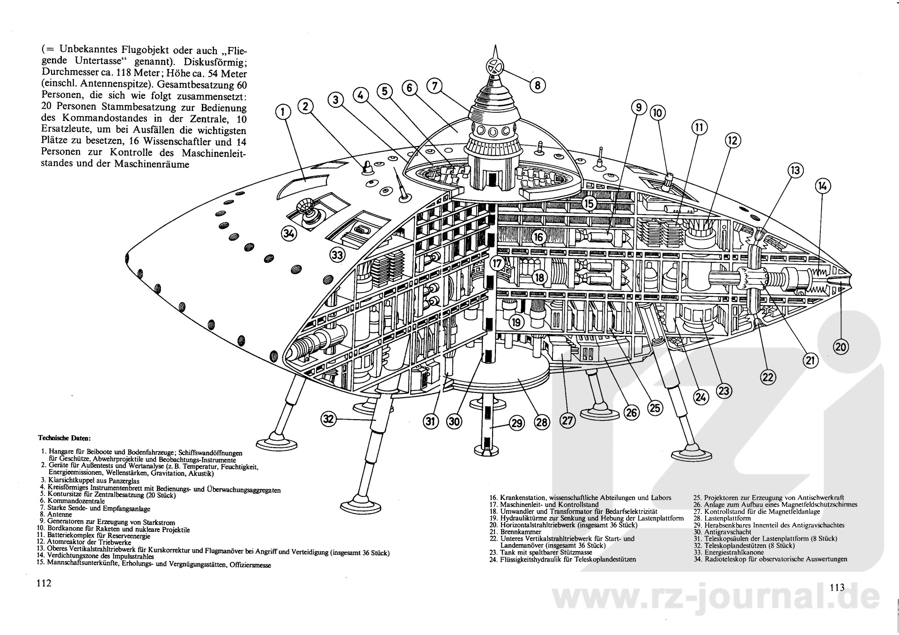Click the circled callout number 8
point(538,85)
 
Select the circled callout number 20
point(841,347)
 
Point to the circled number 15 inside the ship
point(589,203)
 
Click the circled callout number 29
point(516,423)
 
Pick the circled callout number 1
point(283,111)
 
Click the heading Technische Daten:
point(64,439)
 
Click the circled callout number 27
point(567,420)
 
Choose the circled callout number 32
point(329,419)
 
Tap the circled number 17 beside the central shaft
point(497,264)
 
